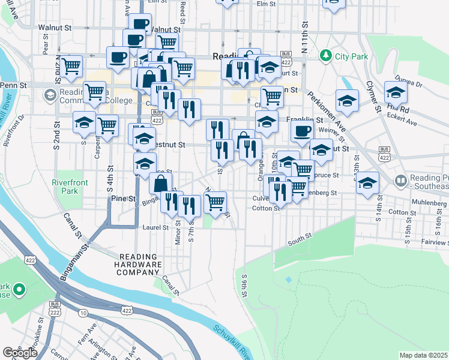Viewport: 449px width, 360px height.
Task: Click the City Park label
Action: click(351, 56)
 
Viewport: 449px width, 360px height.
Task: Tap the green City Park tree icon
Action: click(326, 56)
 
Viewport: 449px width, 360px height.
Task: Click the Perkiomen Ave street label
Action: click(327, 112)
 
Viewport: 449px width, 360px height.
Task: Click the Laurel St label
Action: click(154, 227)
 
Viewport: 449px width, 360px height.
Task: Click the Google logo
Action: click(20, 353)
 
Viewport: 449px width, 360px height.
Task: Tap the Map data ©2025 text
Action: click(423, 355)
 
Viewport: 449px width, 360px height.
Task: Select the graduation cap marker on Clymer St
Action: click(396, 92)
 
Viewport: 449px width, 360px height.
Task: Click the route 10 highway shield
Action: click(83, 313)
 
